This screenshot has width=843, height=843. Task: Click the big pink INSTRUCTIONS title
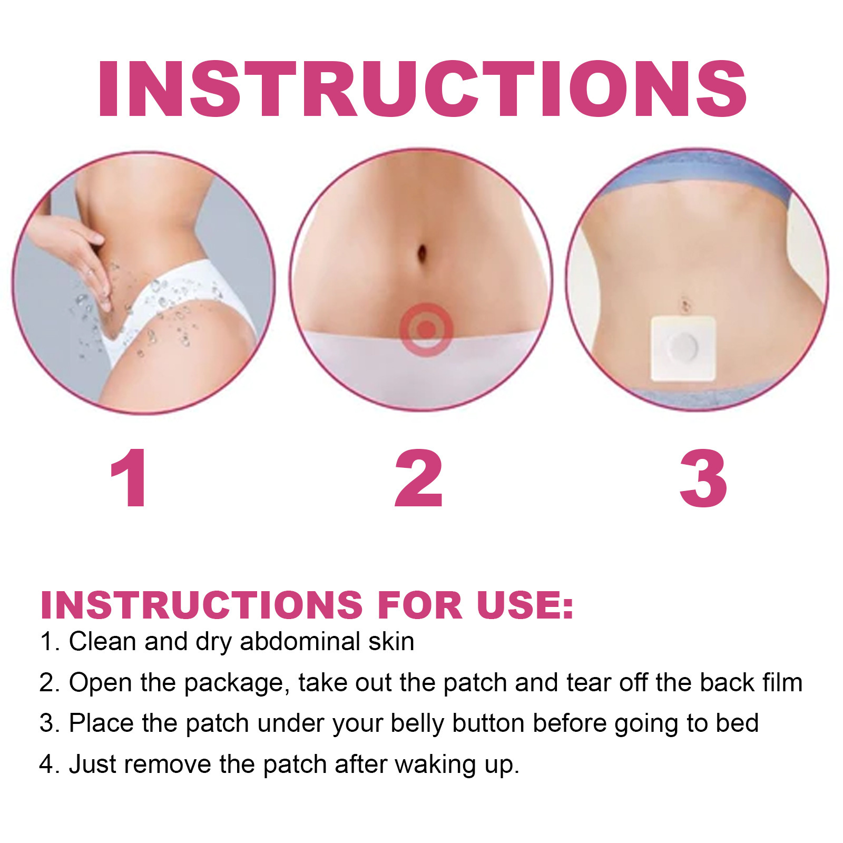point(421,89)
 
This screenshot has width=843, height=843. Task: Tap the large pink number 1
point(129,478)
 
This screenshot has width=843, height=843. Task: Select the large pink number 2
point(419,478)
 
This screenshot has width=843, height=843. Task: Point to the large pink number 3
point(703,478)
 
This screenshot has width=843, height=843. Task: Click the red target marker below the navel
point(426,330)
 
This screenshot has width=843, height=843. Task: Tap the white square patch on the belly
point(683,348)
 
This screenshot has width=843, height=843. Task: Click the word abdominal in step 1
point(300,642)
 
